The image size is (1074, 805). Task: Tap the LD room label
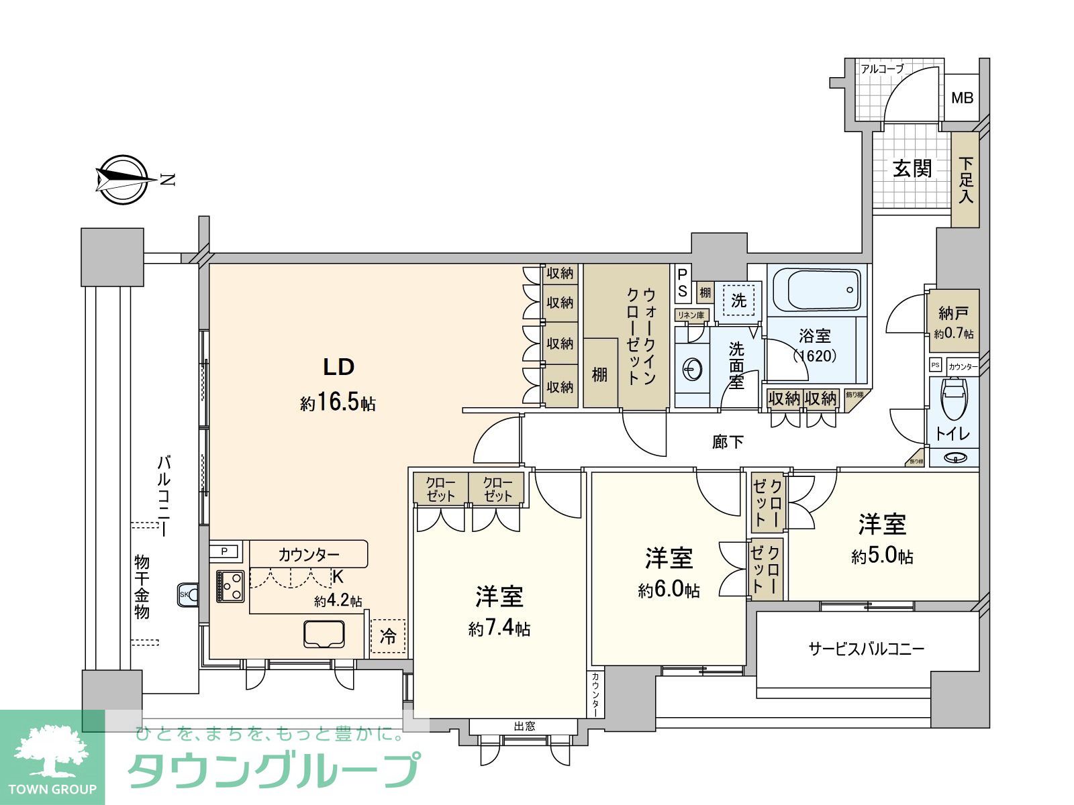(x=338, y=367)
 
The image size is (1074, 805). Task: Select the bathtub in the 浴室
(x=815, y=289)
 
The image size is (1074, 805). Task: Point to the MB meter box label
(x=962, y=98)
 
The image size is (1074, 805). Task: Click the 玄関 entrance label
(x=912, y=168)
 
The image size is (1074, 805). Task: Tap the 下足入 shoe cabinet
(x=965, y=180)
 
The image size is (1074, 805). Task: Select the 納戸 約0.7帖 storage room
(x=953, y=321)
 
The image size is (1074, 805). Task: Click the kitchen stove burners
(x=230, y=586)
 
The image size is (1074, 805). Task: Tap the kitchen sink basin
(x=324, y=634)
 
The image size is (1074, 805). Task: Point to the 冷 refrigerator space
(x=388, y=635)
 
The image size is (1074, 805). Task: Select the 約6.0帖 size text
(x=669, y=590)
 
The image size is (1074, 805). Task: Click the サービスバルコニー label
(x=866, y=648)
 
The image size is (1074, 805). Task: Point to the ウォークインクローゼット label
(x=640, y=336)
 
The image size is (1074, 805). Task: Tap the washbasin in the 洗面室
(x=693, y=368)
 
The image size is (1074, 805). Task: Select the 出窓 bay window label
(x=524, y=726)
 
